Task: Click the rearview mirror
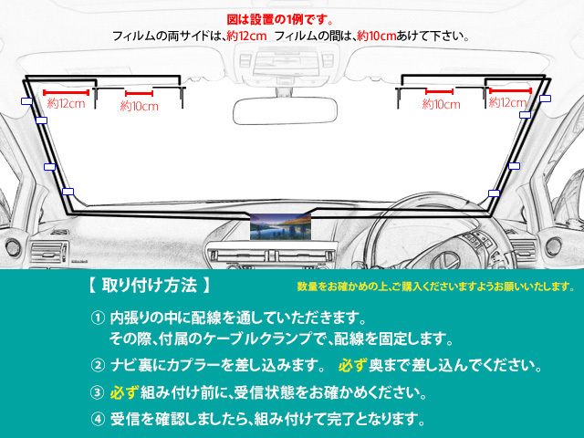click(x=285, y=110)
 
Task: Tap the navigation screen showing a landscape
click(x=280, y=226)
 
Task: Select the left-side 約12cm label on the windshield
click(x=67, y=103)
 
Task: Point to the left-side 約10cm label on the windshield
click(x=140, y=106)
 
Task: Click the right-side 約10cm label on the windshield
click(x=442, y=104)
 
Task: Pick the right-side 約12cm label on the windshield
click(x=507, y=102)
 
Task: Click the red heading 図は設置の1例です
click(x=280, y=19)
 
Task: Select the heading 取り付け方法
click(x=149, y=286)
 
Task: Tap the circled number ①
click(x=98, y=318)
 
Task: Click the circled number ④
click(x=98, y=420)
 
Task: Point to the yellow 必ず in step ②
click(x=352, y=365)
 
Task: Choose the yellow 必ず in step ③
click(x=124, y=392)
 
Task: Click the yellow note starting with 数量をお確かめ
click(x=436, y=287)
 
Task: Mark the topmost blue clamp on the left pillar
click(x=26, y=101)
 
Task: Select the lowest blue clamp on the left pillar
click(x=68, y=192)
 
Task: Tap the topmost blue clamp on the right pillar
click(x=546, y=99)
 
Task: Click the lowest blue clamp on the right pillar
click(x=494, y=193)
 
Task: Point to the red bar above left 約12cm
click(x=67, y=92)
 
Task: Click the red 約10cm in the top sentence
click(x=376, y=36)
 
